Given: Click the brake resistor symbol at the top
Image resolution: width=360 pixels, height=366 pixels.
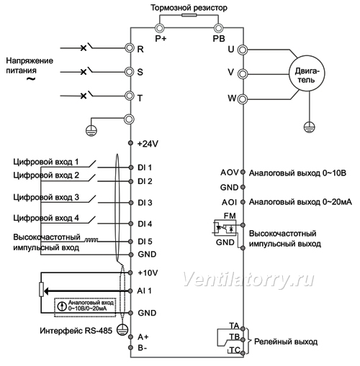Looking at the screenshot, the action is pos(189,15).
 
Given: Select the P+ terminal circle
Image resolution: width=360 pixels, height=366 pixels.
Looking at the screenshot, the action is pos(158,28).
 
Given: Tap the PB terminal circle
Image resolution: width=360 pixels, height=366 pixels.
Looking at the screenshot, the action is pos(218,28).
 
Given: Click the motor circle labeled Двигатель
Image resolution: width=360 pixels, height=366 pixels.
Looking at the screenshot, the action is pos(307,73).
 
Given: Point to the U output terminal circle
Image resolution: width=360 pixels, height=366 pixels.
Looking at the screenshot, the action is pos(243,50).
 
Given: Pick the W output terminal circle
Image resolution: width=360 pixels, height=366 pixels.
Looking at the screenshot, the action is pos(243,99).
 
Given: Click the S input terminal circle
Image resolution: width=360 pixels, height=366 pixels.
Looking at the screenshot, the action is pos(129,72).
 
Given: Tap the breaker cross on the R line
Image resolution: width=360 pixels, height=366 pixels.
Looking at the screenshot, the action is pos(84,48).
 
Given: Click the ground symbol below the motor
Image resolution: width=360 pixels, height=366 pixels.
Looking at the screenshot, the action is pos(309,127).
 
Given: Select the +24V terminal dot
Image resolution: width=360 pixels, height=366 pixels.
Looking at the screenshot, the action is pos(130,143).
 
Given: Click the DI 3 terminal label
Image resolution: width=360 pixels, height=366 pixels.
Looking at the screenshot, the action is pos(145,203).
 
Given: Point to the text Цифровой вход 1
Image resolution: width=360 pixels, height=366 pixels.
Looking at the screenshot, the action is pos(46,162).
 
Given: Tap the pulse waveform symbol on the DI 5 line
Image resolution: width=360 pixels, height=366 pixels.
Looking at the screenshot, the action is pos(91,239).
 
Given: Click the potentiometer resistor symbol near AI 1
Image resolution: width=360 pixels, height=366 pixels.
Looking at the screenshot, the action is pos(41,290).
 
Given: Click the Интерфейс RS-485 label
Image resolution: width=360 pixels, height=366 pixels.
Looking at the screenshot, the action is pos(76,331).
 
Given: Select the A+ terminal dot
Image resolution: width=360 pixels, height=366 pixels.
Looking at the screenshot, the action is pos(130,337).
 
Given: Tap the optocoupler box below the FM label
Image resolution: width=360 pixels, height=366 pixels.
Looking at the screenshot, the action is pos(225,227).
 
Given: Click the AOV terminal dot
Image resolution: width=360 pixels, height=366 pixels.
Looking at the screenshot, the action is pos(243,172).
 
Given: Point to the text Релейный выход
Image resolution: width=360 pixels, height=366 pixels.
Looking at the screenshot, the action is pos(286,342).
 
